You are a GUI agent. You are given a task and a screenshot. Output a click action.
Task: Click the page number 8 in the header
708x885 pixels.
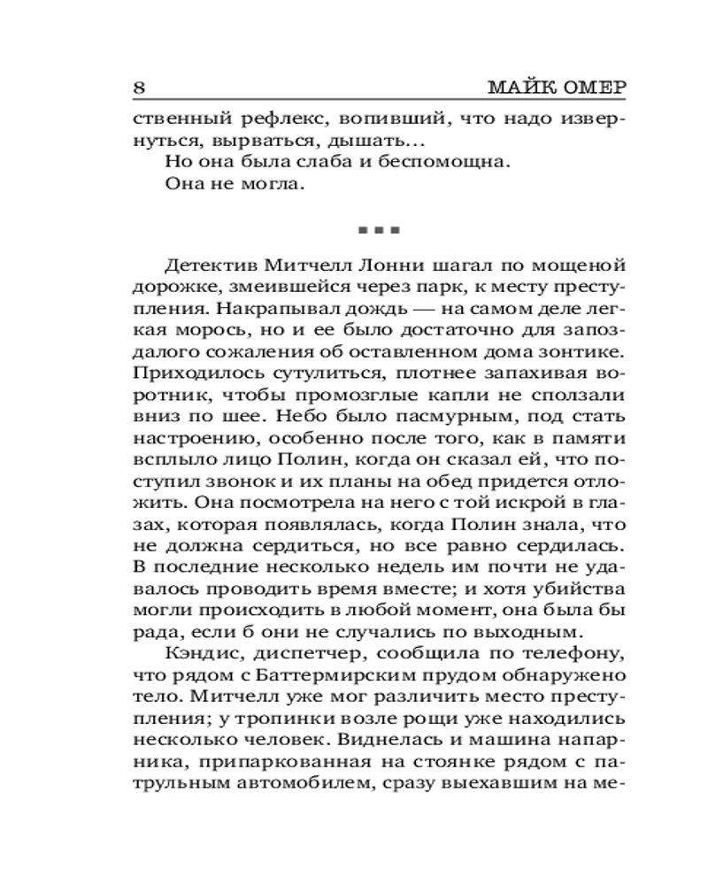click(138, 89)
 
